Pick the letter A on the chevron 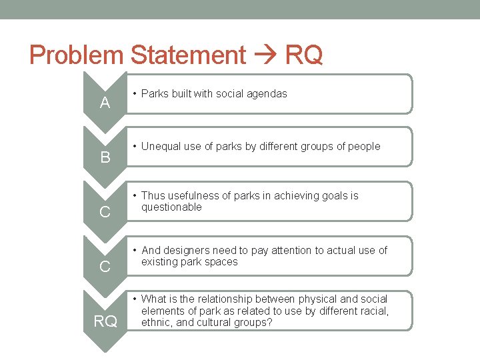[105, 103]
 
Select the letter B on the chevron [105, 158]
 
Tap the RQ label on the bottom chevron [105, 322]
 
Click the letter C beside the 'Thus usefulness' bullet [105, 213]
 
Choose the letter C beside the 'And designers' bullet [105, 267]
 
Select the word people [364, 146]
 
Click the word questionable [171, 207]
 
